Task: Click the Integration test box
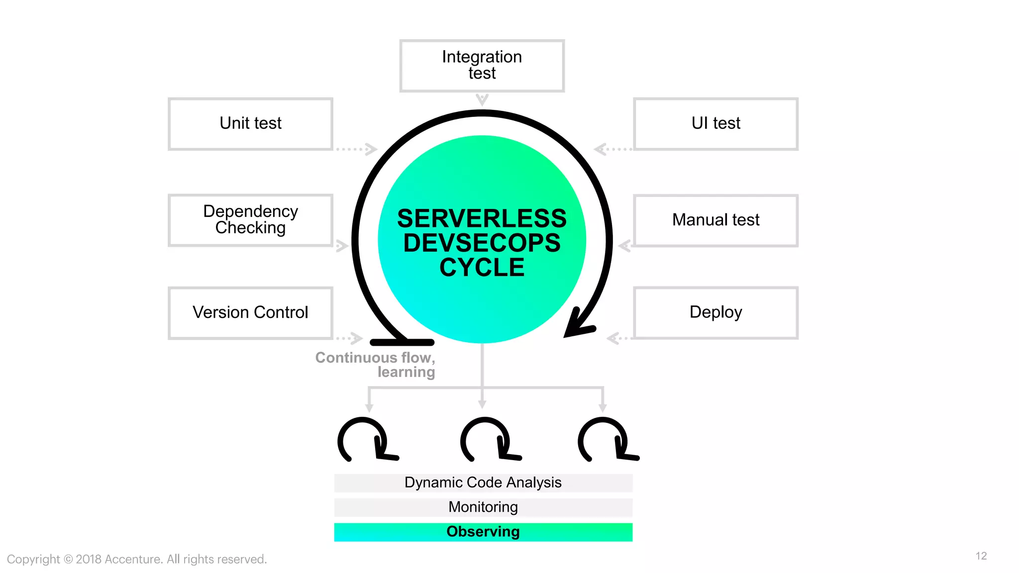pyautogui.click(x=482, y=66)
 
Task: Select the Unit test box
pyautogui.click(x=250, y=123)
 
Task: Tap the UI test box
pyautogui.click(x=715, y=123)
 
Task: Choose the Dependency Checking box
pyautogui.click(x=250, y=220)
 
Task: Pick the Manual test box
pyautogui.click(x=715, y=220)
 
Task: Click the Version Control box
pyautogui.click(x=250, y=312)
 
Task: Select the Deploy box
pyautogui.click(x=715, y=312)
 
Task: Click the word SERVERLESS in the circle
pyautogui.click(x=482, y=219)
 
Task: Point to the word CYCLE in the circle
pyautogui.click(x=482, y=268)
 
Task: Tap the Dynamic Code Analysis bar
pyautogui.click(x=483, y=482)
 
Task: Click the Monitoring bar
pyautogui.click(x=483, y=507)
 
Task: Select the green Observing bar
pyautogui.click(x=483, y=532)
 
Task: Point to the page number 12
pyautogui.click(x=981, y=556)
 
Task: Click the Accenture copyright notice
pyautogui.click(x=137, y=559)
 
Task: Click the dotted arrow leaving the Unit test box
pyautogui.click(x=356, y=149)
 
